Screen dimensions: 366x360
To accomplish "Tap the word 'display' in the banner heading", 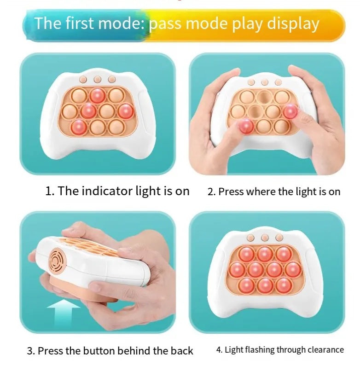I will point(293,23).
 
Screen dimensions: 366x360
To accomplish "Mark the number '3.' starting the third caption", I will point(31,351).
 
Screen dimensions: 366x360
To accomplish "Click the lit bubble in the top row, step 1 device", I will point(98,95).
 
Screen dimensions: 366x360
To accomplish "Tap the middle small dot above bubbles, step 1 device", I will point(98,80).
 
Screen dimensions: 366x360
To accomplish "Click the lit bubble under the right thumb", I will point(290,111).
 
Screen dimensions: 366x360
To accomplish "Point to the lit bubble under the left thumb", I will point(246,125).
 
